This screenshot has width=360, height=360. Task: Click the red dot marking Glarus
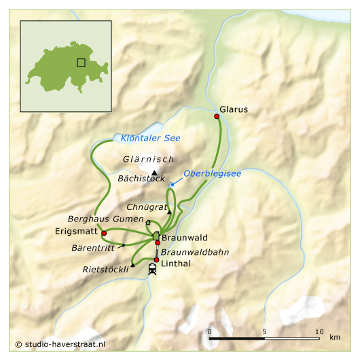coord(217,117)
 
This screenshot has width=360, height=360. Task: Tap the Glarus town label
coord(234,109)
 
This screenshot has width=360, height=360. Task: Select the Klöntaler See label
coord(150,139)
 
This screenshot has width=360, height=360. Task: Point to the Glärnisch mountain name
coord(145,160)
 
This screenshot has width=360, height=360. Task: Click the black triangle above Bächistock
coord(155,172)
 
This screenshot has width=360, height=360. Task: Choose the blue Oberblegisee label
coord(212,174)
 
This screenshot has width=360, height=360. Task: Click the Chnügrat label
coord(146,206)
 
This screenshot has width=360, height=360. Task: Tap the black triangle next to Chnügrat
coord(169,213)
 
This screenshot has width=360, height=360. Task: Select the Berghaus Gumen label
coord(105,219)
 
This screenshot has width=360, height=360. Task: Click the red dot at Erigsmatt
coord(104,233)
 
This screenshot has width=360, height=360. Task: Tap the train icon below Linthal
coord(152,270)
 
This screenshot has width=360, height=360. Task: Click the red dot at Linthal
coord(156,260)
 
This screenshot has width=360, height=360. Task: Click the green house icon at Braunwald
coord(156,235)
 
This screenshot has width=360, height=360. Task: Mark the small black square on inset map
coord(81,62)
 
